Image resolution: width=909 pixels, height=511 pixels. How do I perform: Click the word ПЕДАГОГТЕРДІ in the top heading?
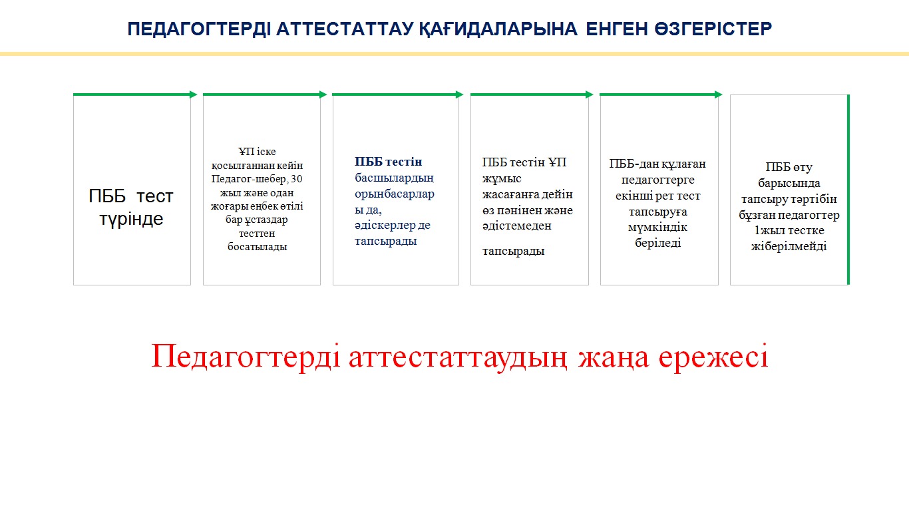[x=199, y=29]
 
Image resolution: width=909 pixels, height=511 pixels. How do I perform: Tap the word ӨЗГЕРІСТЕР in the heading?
[x=713, y=29]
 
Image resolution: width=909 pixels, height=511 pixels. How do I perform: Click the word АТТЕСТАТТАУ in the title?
[x=345, y=29]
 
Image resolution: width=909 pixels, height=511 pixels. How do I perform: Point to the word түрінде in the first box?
[x=131, y=219]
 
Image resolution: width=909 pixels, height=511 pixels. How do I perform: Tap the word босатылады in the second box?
[x=258, y=247]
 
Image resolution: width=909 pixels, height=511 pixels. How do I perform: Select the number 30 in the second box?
[x=297, y=178]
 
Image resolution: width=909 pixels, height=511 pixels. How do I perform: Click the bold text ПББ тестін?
[x=389, y=162]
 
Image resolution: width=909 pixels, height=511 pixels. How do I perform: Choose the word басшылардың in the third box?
[x=395, y=178]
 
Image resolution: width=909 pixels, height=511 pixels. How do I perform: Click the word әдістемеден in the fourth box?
[x=516, y=226]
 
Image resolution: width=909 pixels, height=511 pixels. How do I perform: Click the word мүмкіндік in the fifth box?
[x=657, y=227]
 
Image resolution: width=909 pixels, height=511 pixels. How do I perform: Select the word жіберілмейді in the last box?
[x=789, y=246]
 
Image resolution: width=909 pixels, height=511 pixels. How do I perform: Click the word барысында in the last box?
[x=789, y=183]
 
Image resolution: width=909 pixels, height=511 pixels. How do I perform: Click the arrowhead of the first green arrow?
[x=194, y=94]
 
